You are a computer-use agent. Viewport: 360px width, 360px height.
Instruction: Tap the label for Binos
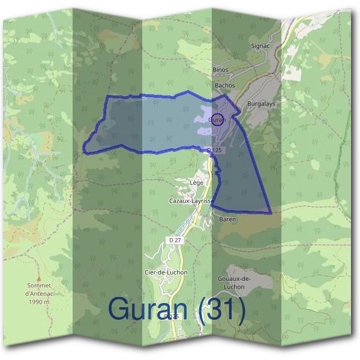point(221,70)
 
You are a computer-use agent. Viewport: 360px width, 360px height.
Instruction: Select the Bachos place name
point(224,86)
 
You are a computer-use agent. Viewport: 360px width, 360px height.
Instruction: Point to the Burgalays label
point(261,104)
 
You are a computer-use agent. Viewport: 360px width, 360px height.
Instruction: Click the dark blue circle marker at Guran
point(218,119)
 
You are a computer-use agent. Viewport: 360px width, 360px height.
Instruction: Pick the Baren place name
point(227,220)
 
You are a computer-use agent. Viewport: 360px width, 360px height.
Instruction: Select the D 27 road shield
point(175,240)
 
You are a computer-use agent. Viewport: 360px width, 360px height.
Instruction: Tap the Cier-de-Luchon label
point(166,272)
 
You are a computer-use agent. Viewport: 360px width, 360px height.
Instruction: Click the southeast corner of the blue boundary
point(271,212)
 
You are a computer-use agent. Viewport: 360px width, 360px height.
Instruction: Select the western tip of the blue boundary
point(83,148)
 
